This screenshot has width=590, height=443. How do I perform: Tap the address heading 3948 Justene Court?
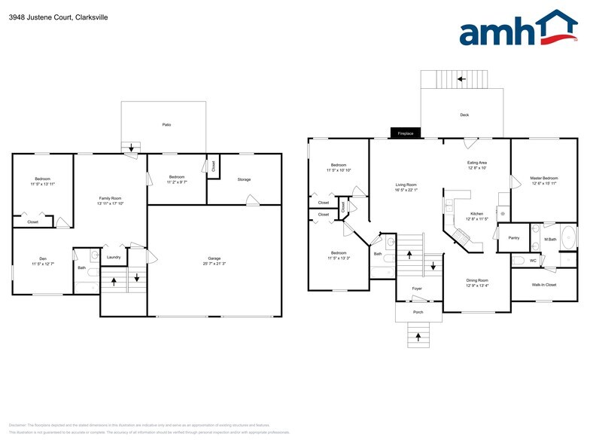coord(58,16)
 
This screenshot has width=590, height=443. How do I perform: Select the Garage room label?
coord(214,258)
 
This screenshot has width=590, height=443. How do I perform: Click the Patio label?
coord(166,124)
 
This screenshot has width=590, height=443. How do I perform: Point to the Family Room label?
coord(110,198)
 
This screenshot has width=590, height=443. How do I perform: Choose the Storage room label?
coord(244,179)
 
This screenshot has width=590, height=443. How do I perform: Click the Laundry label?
coord(114,257)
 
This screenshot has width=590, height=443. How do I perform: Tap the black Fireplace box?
coord(406,133)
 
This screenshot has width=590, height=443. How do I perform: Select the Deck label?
coord(464,115)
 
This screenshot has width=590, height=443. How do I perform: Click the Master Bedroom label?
coord(545,178)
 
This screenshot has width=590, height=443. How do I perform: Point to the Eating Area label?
coord(477,162)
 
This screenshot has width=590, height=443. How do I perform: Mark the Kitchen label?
coord(477,213)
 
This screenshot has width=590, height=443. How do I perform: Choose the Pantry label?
coord(514,237)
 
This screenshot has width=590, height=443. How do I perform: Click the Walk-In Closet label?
coord(545,285)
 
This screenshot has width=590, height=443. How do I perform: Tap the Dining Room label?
coord(477,280)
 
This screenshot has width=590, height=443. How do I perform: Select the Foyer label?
coord(417,289)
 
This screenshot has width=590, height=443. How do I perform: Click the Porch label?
coord(418,311)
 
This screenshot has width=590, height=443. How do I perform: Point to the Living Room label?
coord(406,185)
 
